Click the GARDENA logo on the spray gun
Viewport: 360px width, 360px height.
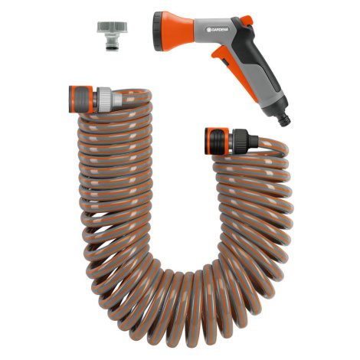point(218,30)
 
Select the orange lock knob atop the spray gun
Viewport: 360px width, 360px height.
point(247,20)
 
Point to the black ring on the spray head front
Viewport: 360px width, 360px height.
point(156,31)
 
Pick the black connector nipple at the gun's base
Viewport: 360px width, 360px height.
point(284,119)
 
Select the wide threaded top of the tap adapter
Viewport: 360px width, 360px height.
point(112,28)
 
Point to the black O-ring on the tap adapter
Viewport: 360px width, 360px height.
point(112,47)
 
